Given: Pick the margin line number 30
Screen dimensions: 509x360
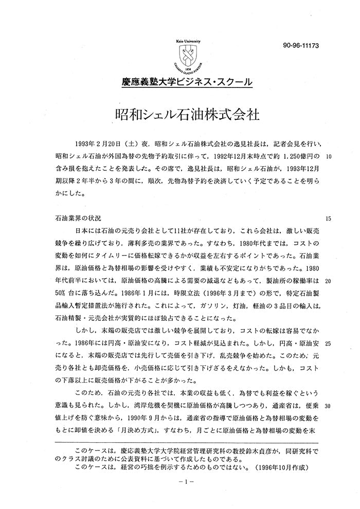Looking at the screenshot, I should coord(329,406).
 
